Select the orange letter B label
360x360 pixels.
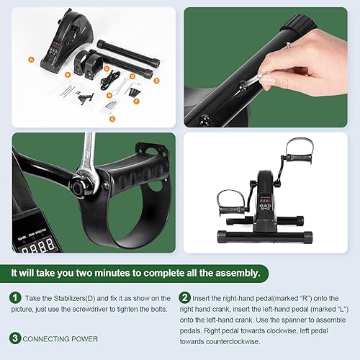(x=67, y=73)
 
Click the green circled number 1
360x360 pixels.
(x=15, y=297)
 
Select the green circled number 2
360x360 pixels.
(x=185, y=297)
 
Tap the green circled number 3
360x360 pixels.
(x=15, y=338)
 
